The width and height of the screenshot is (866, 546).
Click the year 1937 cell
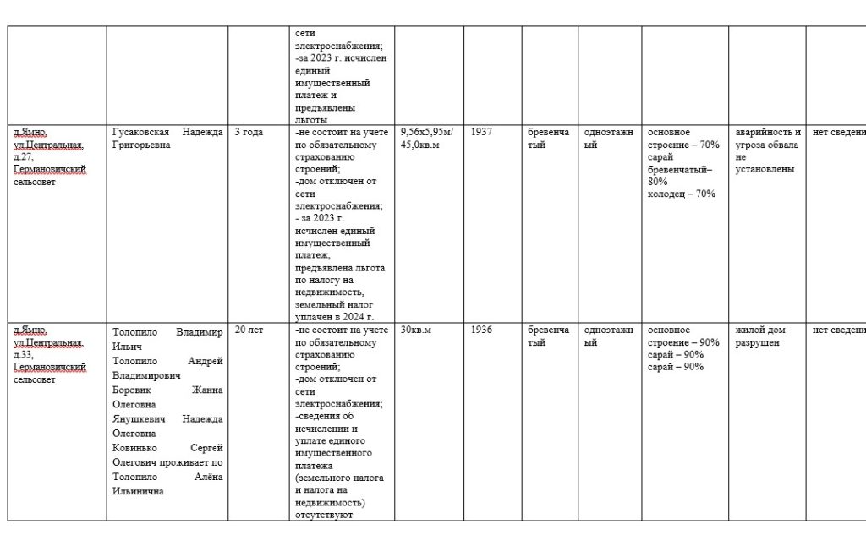(481, 133)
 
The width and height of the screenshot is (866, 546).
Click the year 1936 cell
(481, 330)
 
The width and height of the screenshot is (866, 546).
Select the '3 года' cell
(249, 133)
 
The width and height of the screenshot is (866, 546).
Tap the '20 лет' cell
(249, 330)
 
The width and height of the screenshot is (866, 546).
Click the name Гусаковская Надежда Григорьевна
(167, 139)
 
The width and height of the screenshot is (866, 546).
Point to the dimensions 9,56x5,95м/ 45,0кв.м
(426, 139)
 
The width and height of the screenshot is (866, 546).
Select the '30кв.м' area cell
(415, 330)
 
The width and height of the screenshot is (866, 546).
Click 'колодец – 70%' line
(682, 194)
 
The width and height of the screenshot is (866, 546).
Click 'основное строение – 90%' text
(683, 336)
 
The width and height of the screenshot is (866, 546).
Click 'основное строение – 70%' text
(683, 139)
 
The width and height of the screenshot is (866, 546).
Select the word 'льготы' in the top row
(312, 108)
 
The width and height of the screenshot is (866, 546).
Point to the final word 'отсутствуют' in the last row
(323, 514)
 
